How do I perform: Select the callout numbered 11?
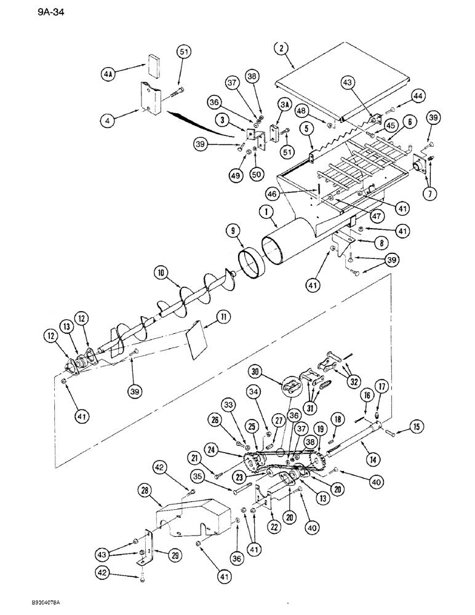(x=222, y=317)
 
